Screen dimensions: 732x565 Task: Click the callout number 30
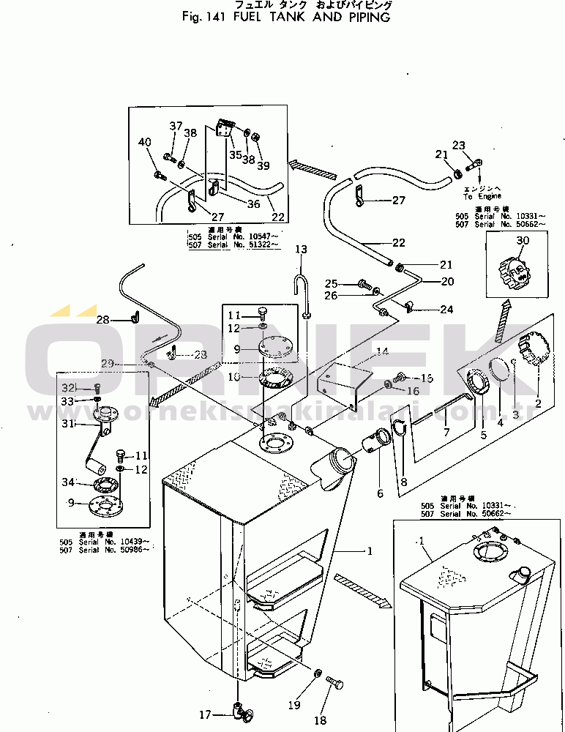523,242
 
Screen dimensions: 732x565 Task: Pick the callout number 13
302,250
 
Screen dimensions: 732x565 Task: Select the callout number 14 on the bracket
381,352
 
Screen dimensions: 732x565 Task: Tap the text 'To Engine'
482,196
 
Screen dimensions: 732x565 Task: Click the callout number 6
380,493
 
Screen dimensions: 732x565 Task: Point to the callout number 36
253,204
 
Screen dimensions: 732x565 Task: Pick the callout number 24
446,309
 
